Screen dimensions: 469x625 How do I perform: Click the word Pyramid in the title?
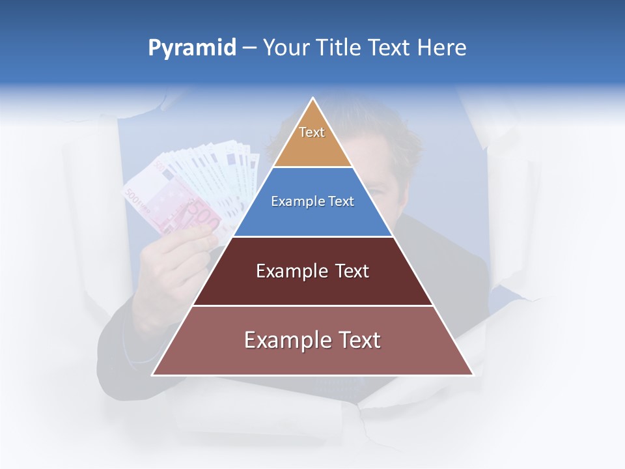(192, 48)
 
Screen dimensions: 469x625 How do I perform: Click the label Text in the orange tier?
(312, 132)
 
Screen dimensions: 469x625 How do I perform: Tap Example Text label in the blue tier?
(312, 201)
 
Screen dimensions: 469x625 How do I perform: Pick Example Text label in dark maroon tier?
(312, 271)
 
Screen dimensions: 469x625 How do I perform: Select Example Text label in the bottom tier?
(312, 340)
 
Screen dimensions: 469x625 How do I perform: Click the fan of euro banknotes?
(195, 189)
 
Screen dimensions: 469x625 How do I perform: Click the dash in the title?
(249, 48)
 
